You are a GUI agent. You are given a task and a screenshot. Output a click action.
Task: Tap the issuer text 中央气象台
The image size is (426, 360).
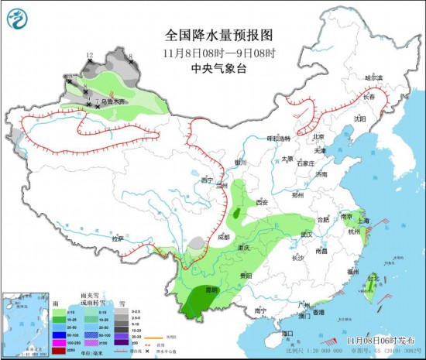(212, 68)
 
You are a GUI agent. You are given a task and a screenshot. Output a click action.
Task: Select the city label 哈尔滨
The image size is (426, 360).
(374, 77)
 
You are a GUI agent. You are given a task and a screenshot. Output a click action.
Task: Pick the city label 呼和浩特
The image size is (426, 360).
(277, 138)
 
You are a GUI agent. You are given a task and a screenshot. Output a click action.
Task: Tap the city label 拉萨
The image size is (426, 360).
(117, 238)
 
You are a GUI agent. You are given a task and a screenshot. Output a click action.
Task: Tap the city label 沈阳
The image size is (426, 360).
(359, 119)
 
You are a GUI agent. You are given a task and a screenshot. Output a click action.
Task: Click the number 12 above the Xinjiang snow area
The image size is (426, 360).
(90, 55)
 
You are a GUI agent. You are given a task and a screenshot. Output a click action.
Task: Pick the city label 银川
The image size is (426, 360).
(240, 163)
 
